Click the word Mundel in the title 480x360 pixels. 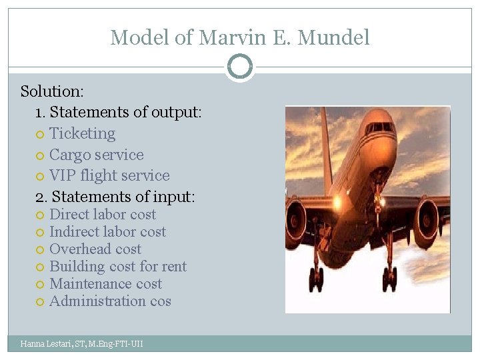339,37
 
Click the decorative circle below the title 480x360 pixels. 239,67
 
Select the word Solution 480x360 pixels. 50,91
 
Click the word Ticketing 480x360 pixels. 82,133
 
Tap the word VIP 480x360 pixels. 63,175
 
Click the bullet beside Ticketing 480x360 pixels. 39,135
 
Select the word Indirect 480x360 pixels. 75,232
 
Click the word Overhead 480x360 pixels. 81,249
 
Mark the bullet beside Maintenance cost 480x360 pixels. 39,285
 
